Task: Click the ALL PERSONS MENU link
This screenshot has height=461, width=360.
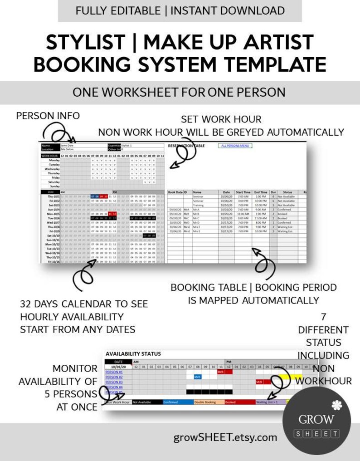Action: pos(236,146)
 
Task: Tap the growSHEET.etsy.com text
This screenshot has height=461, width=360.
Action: pos(225,437)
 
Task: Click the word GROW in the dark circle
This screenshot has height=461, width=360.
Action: pos(316,419)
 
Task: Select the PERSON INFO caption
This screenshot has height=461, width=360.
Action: pos(48,116)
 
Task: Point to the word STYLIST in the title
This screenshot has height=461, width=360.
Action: pos(85,43)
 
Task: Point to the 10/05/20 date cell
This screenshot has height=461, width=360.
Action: pos(118,367)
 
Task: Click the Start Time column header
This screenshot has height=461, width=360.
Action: pos(243,192)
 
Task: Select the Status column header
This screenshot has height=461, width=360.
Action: pos(287,192)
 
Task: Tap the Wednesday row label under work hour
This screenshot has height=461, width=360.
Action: pos(53,169)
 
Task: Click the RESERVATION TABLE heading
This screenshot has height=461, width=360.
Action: pos(186,146)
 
